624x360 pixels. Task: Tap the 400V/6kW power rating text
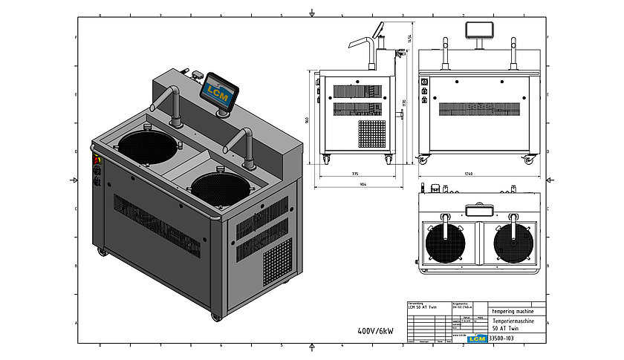coord(379,330)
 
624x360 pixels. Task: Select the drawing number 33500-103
coord(502,338)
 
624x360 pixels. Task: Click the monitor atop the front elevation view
coord(476,30)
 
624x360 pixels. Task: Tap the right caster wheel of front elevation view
coord(529,160)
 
